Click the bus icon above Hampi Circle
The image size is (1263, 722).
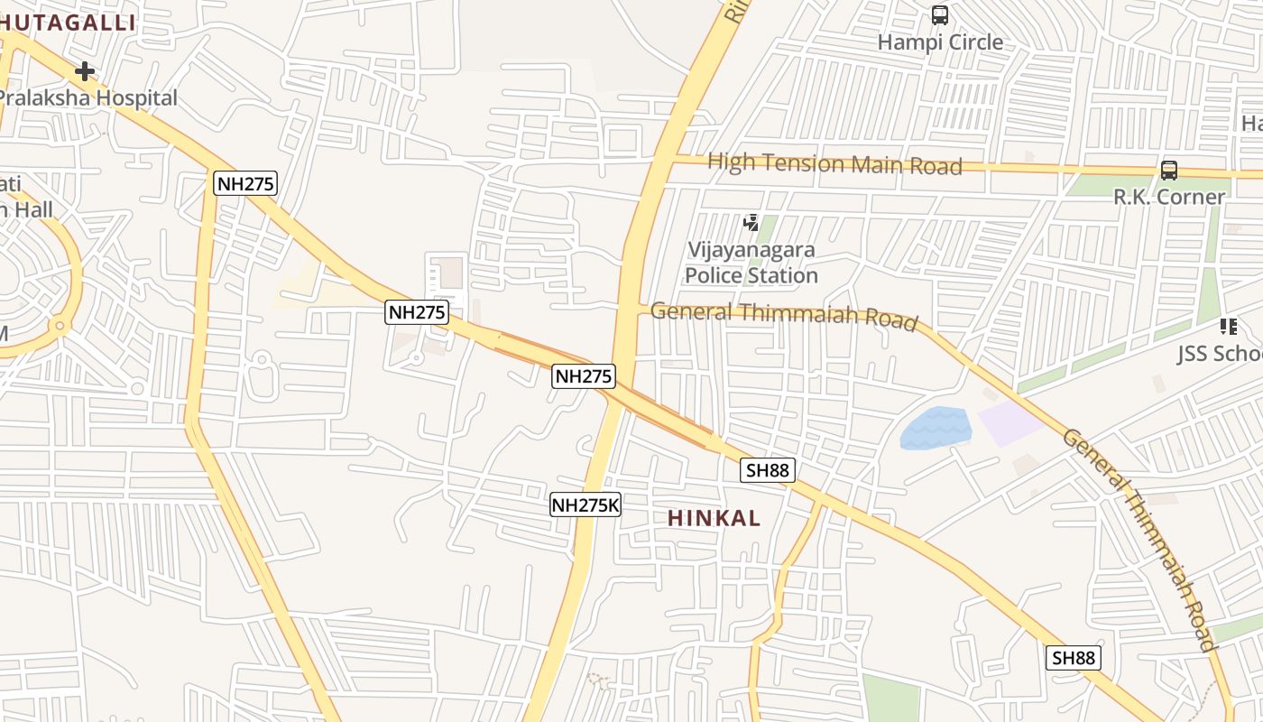(939, 15)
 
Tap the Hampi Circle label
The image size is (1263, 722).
(940, 42)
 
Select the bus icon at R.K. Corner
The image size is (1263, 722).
(1168, 170)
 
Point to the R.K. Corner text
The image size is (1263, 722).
(1168, 197)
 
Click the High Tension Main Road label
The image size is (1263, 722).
(834, 164)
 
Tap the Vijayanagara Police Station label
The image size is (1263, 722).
(751, 263)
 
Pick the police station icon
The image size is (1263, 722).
(751, 222)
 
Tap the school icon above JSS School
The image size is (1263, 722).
(1228, 327)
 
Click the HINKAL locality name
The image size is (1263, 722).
(714, 518)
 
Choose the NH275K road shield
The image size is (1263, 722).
(585, 504)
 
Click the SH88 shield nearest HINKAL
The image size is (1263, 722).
(768, 470)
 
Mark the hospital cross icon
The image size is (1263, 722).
(85, 70)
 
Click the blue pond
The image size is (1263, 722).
(936, 427)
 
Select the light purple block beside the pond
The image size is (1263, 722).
(1011, 422)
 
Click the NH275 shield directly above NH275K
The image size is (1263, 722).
(584, 376)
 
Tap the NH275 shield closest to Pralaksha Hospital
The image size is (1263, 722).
(245, 184)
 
